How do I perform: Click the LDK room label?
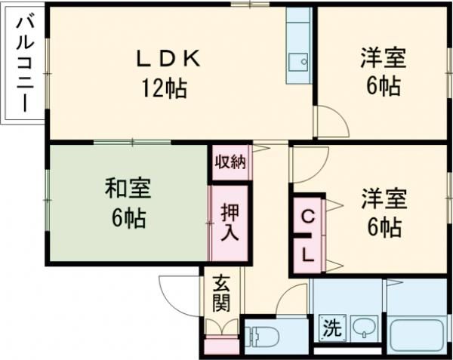168,57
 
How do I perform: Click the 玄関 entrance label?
220,294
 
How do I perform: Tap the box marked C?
308,216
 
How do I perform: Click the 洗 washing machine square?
331,328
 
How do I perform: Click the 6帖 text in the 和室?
129,220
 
